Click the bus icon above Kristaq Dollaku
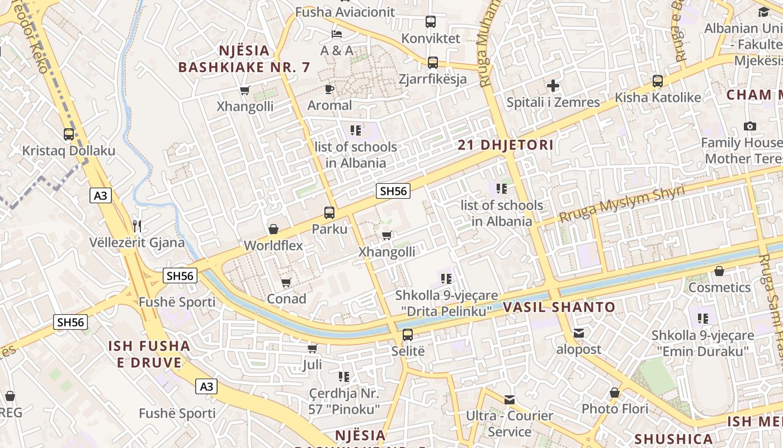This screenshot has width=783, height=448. (69, 134)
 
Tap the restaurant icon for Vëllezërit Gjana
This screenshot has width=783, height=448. (137, 226)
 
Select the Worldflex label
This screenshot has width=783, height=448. (273, 245)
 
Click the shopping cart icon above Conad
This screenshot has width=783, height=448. (286, 282)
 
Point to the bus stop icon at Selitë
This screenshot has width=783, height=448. (408, 335)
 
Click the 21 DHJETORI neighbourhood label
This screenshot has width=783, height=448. (506, 145)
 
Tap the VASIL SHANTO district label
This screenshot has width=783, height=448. (559, 307)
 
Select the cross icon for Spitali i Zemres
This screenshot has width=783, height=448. (553, 86)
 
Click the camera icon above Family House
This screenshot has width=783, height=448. (750, 127)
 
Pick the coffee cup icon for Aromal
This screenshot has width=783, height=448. (329, 89)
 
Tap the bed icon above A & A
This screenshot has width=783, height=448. (336, 34)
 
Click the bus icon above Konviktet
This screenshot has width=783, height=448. (430, 22)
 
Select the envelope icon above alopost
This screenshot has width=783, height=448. (578, 333)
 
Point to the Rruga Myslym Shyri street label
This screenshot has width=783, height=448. (621, 204)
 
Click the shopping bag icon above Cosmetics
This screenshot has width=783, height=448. (719, 271)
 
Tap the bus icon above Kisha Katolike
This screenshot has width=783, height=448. (658, 81)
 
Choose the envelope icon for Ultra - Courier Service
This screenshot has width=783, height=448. (509, 399)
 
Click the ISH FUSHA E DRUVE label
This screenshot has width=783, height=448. (149, 354)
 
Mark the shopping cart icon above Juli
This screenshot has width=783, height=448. (312, 348)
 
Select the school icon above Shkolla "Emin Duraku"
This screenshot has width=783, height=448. (702, 319)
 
